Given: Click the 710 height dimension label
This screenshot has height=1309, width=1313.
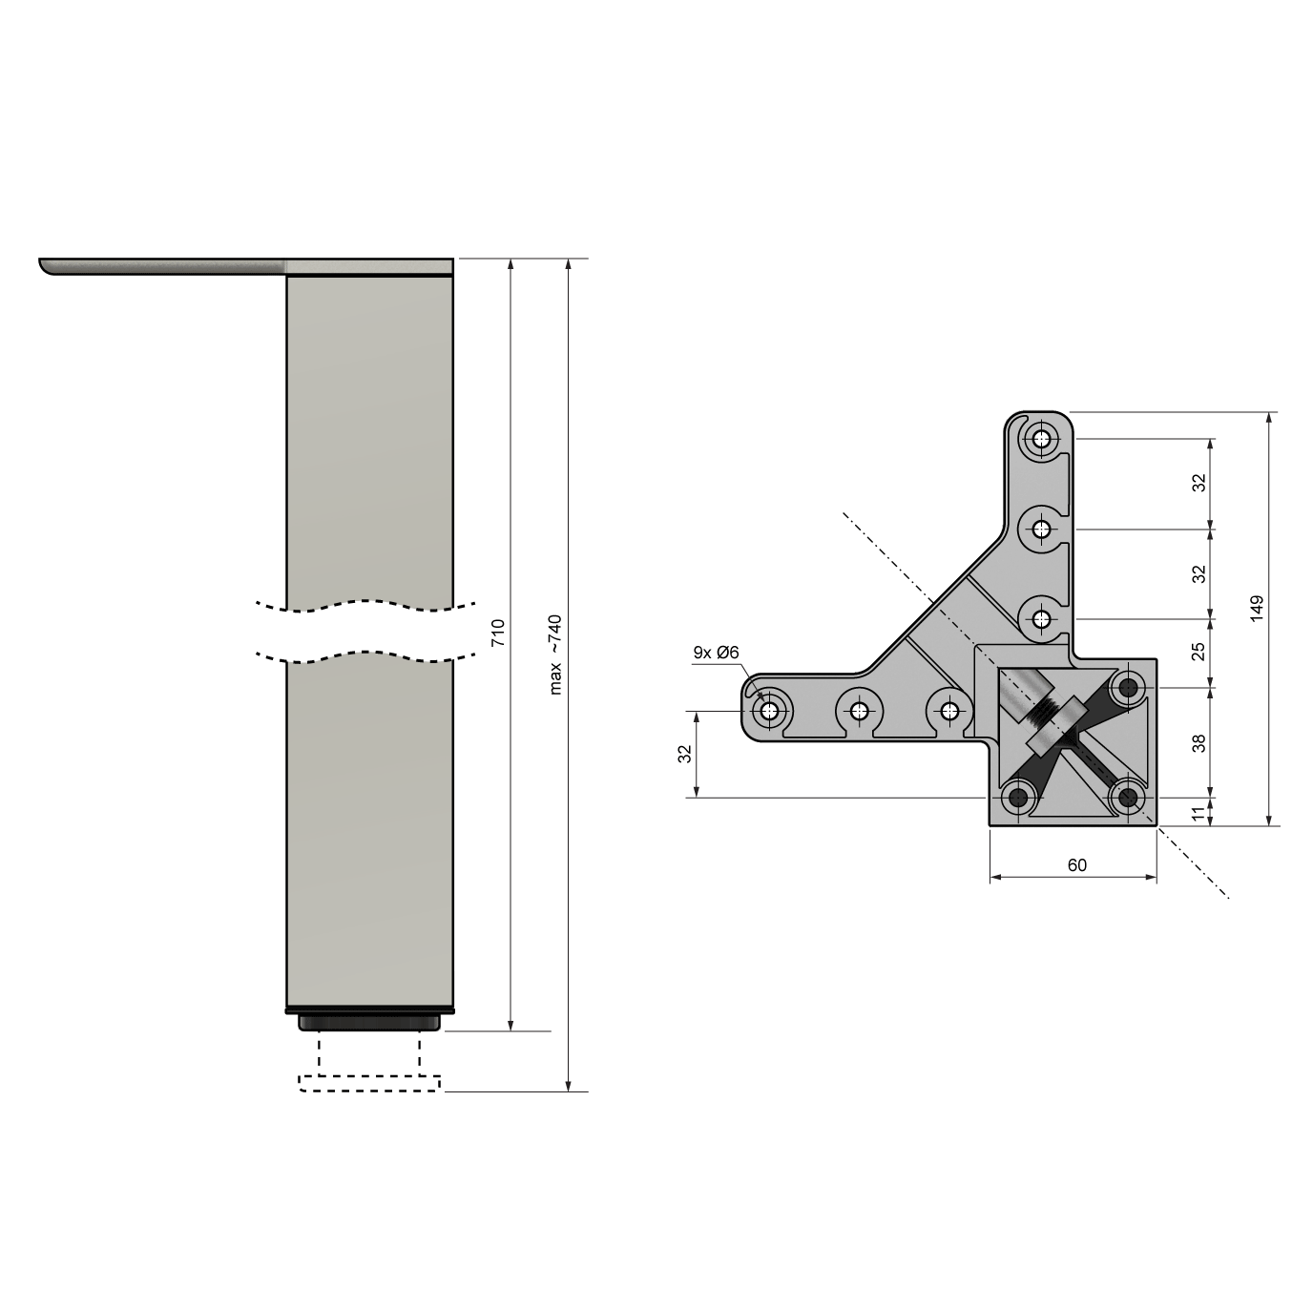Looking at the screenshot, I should click(497, 634).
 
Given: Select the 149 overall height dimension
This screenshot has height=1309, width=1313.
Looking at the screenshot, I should click(1257, 610).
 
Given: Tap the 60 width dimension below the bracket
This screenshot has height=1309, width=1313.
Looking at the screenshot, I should click(1076, 865).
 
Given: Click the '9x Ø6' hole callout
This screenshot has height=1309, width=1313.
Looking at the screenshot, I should click(716, 653).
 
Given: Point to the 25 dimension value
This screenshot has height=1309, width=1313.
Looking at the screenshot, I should click(1199, 652).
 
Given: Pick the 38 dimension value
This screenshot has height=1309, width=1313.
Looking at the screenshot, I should click(1199, 741).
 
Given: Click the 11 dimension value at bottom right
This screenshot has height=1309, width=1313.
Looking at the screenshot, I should click(1199, 812).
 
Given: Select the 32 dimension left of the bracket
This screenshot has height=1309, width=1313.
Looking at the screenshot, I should click(684, 754).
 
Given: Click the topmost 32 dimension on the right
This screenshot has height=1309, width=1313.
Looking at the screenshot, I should click(1199, 482).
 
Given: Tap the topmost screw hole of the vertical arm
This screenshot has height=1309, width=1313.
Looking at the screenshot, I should click(1041, 440).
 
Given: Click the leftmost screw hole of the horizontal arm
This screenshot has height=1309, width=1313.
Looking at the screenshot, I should click(770, 711).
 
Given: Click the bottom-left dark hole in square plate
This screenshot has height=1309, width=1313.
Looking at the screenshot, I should click(1018, 797).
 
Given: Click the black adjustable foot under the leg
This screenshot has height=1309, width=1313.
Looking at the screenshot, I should click(370, 1023).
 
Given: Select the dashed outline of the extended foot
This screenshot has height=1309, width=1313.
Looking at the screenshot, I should click(370, 1082).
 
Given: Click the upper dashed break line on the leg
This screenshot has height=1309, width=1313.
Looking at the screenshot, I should click(367, 604).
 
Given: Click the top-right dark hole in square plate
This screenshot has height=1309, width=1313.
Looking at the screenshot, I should click(1131, 686).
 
